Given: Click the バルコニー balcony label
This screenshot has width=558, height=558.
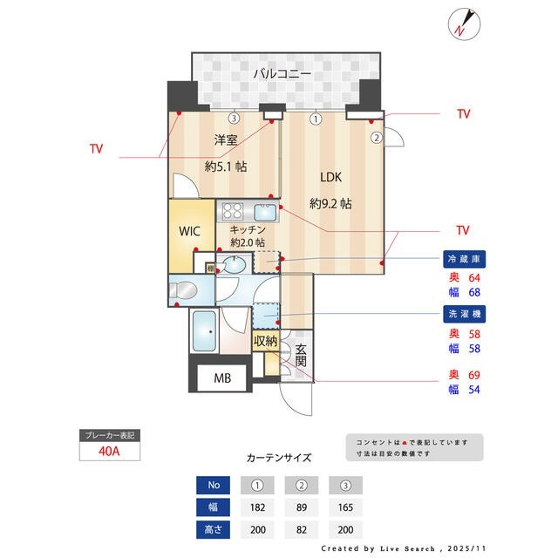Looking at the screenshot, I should (x=282, y=74).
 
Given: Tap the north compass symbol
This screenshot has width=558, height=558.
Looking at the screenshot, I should (x=462, y=23).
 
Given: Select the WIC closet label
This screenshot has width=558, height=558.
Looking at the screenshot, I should (x=191, y=233).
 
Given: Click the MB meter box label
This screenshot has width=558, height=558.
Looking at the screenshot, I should (x=217, y=378).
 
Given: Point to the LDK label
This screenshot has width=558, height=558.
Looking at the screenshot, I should (x=330, y=177).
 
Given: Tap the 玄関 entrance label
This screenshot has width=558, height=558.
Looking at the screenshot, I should (x=301, y=355).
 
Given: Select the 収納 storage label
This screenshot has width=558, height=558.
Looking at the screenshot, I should (x=266, y=341).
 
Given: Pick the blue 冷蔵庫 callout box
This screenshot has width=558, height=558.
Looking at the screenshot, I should (x=464, y=260).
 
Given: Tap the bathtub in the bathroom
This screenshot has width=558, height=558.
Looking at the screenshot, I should (x=204, y=332).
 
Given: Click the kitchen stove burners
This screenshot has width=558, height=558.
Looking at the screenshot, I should (x=233, y=210).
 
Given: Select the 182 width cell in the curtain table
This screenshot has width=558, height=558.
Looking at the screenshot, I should (x=257, y=507).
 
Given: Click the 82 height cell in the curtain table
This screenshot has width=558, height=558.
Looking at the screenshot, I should (x=303, y=529).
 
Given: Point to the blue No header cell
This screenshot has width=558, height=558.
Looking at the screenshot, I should (x=214, y=484).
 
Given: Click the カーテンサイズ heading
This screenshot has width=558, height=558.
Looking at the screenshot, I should (x=279, y=458).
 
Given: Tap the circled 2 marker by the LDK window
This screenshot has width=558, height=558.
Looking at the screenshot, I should (x=377, y=137).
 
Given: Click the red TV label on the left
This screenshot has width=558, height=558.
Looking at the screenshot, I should (x=96, y=149).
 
